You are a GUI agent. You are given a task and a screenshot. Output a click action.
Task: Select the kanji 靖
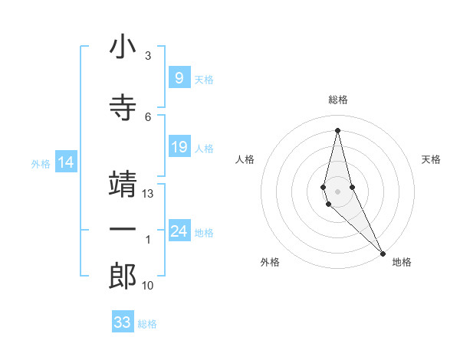point(123,184)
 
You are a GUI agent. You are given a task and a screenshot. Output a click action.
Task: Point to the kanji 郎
point(123,275)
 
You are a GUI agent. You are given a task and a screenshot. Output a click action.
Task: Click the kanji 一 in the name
point(123,230)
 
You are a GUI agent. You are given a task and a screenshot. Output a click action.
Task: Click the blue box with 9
point(179,78)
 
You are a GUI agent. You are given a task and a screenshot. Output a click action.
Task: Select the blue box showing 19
point(179,147)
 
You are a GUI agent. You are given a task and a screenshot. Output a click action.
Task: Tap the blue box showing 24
point(179,231)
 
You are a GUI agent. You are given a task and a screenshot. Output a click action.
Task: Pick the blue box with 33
point(123,322)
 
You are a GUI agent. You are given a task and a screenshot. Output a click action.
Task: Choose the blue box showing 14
point(66,162)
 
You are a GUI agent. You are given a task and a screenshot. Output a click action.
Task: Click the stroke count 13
point(148,194)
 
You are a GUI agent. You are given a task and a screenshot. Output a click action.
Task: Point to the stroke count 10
point(148,286)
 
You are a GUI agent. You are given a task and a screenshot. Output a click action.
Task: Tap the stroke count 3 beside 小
point(148,56)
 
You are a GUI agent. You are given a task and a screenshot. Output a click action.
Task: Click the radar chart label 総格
point(338,100)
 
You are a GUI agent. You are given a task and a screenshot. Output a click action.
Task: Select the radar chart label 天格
point(431,159)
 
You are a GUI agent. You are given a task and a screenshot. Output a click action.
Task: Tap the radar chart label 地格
point(402,262)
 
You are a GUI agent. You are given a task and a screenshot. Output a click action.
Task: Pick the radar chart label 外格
point(270,262)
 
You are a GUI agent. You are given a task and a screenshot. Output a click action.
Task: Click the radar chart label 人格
point(245,159)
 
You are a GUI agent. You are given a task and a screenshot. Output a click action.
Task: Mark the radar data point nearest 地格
point(383,253)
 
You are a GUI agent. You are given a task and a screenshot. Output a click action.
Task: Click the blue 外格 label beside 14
point(41,163)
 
